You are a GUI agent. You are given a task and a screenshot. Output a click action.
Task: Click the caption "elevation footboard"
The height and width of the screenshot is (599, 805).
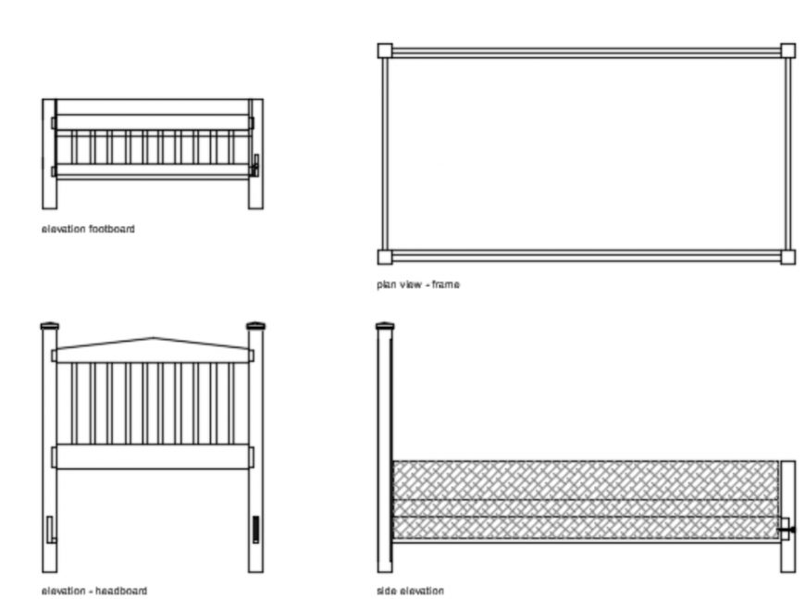pos(88,229)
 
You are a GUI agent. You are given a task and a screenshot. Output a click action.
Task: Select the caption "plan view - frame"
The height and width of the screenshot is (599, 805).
pos(417,284)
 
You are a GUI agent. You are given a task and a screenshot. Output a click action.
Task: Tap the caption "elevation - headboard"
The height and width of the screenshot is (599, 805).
pos(93,590)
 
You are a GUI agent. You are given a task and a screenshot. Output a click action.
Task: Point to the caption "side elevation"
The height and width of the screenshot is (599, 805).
pos(410,590)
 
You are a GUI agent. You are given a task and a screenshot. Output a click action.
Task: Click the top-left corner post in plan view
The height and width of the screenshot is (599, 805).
pos(384,50)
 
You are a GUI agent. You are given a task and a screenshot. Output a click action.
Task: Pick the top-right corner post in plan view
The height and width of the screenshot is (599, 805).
pos(787,50)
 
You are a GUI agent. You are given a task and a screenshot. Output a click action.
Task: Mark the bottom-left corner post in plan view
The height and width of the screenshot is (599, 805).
pos(384,256)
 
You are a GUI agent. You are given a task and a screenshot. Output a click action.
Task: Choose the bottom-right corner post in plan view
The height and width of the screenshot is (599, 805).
pos(787,256)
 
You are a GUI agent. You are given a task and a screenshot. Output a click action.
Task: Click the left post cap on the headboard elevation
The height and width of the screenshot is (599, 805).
pos(50,326)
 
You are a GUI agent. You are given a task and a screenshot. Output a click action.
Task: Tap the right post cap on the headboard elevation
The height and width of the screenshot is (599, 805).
pos(255,326)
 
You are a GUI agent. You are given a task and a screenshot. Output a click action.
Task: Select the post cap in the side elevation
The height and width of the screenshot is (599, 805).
pos(384,326)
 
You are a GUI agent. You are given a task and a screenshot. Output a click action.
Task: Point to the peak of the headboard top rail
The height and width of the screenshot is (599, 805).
pos(154,339)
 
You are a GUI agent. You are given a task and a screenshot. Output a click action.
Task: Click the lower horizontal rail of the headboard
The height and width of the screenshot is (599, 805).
pos(153,456)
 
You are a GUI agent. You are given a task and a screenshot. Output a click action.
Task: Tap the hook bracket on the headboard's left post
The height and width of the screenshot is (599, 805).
pos(51,530)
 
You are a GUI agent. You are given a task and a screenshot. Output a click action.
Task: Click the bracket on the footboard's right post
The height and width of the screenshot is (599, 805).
pos(254,165)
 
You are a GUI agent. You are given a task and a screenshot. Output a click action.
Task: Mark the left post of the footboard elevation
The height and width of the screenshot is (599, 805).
pos(49,154)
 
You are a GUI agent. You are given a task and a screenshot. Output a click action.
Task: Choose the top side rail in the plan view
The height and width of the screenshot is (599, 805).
pos(586,53)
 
